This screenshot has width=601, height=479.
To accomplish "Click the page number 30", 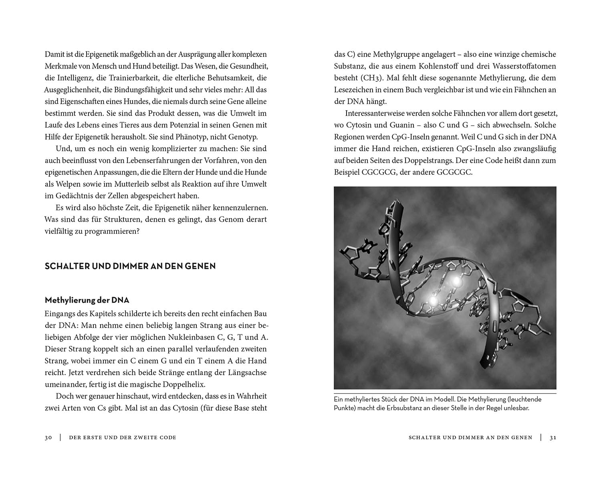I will pyautogui.click(x=48, y=438).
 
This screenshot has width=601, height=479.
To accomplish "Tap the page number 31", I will pyautogui.click(x=553, y=438).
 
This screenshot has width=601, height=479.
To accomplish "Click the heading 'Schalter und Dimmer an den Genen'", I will pyautogui.click(x=130, y=266).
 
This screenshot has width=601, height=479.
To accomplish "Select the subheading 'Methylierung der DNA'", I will pyautogui.click(x=87, y=300).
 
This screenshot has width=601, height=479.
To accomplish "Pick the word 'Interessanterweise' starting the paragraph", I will pyautogui.click(x=375, y=113).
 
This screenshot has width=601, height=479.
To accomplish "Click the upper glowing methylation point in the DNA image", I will pyautogui.click(x=456, y=282).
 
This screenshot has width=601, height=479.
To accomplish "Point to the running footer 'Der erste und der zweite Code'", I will pyautogui.click(x=123, y=438).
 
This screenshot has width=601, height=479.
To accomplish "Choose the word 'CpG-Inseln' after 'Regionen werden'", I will pyautogui.click(x=407, y=137).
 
